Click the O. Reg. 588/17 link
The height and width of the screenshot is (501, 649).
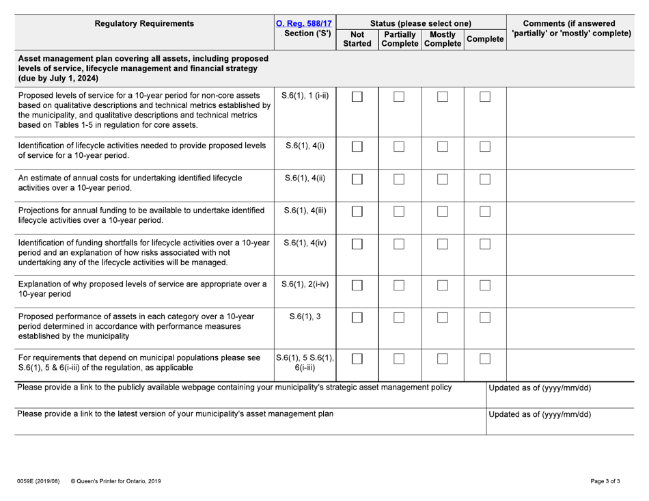[x=302, y=24]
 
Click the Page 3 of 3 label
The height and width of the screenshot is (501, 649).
[x=605, y=481]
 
